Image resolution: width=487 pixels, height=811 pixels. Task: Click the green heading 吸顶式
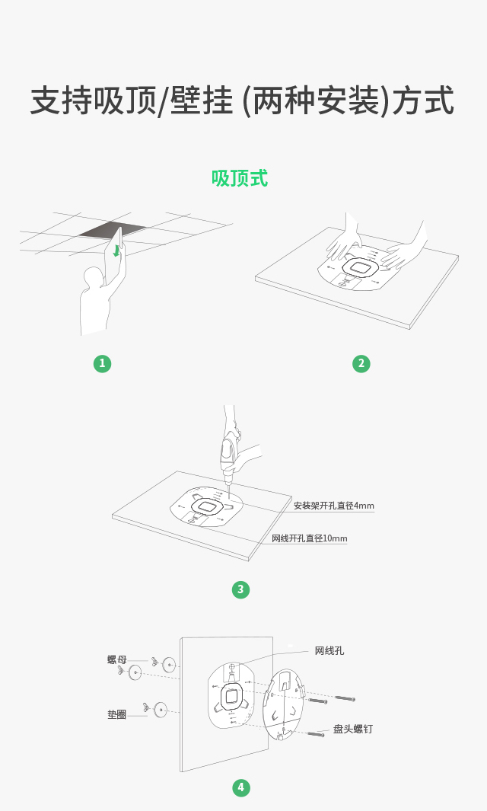(x=240, y=178)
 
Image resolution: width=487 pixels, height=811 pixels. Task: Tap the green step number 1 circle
(x=103, y=363)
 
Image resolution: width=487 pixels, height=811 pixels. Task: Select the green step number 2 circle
(x=361, y=363)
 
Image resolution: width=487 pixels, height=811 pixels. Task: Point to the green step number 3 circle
(x=240, y=589)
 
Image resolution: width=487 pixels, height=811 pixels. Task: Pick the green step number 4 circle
(x=241, y=787)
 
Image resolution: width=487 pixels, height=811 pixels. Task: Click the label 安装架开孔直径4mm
(x=334, y=506)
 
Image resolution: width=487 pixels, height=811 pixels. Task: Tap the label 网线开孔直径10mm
(x=310, y=538)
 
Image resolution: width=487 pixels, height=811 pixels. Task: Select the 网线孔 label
(x=329, y=650)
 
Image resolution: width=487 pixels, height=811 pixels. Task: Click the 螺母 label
(x=117, y=659)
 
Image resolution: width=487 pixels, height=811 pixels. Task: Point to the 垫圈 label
(x=117, y=715)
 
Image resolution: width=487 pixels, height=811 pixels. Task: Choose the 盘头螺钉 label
(x=352, y=729)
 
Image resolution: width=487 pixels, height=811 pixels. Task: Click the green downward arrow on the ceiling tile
(x=117, y=251)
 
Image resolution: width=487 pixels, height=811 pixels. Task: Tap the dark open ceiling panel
(x=112, y=230)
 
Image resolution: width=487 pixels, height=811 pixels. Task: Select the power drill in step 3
(x=228, y=455)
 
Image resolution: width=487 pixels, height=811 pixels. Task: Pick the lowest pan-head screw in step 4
(x=315, y=733)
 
